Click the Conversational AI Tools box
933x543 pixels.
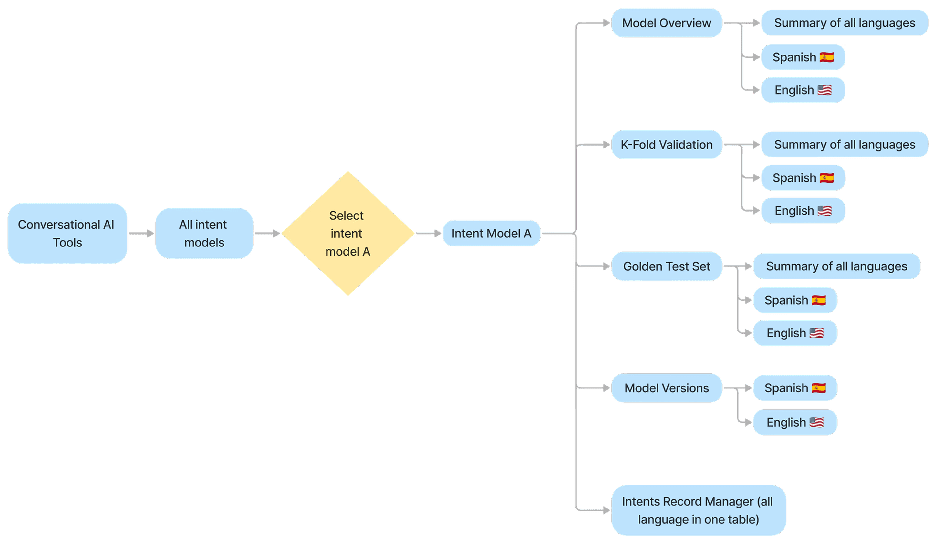click(x=67, y=233)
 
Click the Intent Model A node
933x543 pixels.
click(x=491, y=233)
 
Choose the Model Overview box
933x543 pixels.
click(x=666, y=23)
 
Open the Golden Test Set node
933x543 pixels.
click(x=666, y=266)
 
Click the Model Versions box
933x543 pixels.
click(x=666, y=388)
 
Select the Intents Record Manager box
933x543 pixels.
click(x=698, y=510)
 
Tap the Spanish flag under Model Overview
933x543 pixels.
click(x=826, y=57)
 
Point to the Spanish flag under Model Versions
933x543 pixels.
click(x=818, y=388)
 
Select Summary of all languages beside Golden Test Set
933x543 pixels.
click(x=837, y=266)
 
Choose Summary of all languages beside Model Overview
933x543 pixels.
click(x=845, y=23)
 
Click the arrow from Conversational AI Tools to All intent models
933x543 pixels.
click(x=141, y=233)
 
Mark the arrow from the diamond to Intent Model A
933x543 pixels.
click(x=428, y=233)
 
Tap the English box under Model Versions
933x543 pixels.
click(x=795, y=422)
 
